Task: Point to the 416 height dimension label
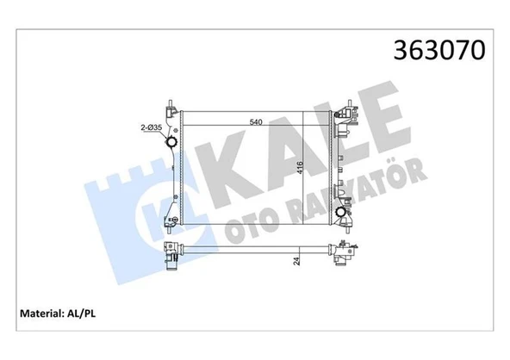(300, 167)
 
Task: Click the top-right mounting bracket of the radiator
(348, 113)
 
